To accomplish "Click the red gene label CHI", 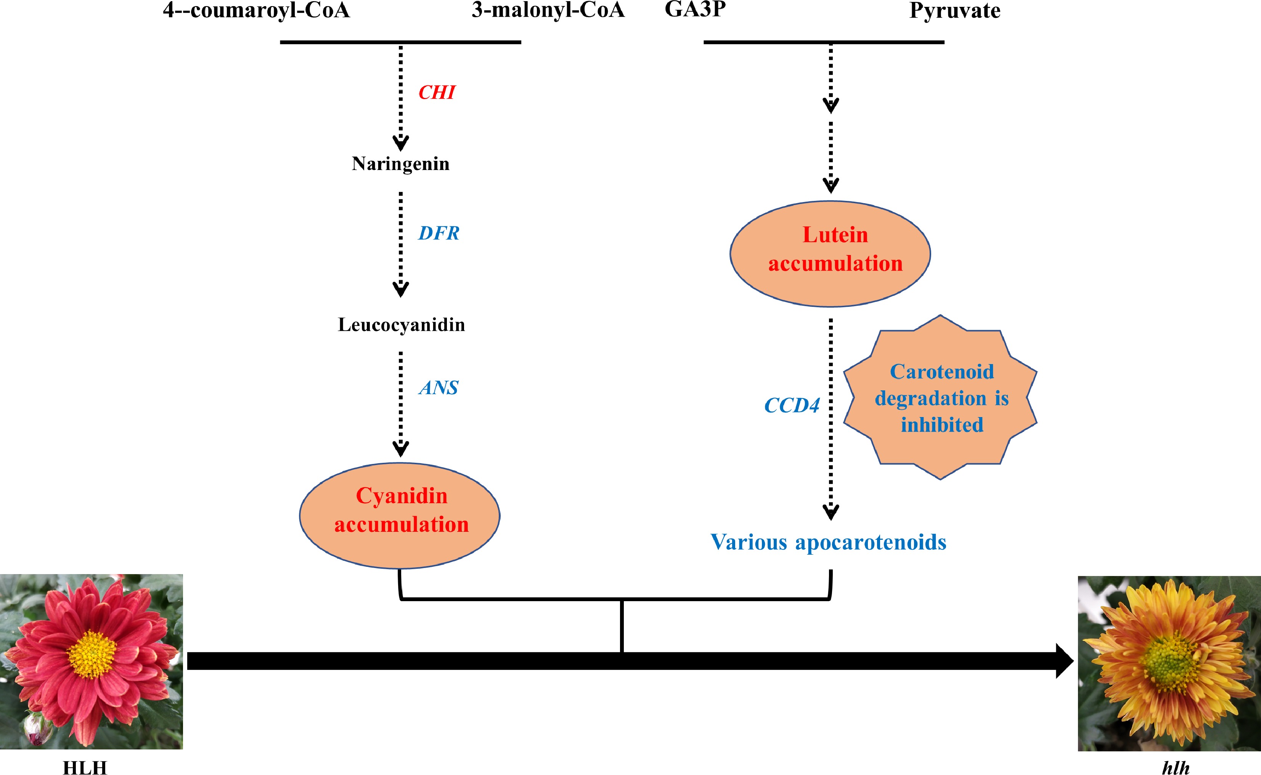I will click(436, 93).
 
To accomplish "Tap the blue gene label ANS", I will click(438, 388).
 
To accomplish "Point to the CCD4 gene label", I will click(792, 406).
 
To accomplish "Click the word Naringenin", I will click(400, 164).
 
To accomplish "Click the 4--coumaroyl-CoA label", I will click(256, 10).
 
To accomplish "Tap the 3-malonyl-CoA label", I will click(548, 10).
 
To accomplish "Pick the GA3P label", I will click(695, 9).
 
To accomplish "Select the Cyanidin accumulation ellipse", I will click(400, 515).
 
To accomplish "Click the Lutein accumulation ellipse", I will click(830, 254).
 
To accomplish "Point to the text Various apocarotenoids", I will click(828, 542).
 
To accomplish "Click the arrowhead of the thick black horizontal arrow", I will click(1063, 661).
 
